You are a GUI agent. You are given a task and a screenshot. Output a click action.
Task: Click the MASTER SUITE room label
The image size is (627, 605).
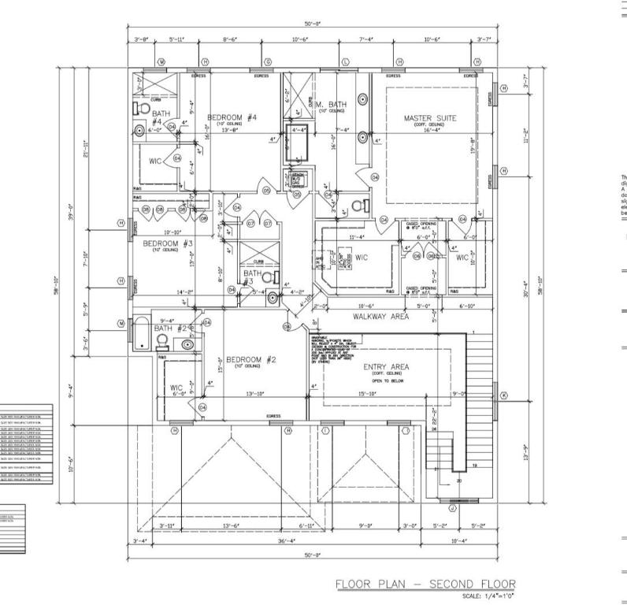tap(429, 118)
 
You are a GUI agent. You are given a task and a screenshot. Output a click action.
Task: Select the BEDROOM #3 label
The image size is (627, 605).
tap(168, 243)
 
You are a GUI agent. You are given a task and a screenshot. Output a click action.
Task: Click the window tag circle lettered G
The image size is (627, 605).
tap(267, 61)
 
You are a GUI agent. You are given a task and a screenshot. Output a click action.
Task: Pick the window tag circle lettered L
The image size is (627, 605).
tap(345, 61)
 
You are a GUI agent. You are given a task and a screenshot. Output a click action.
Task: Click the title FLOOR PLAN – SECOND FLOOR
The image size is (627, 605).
tap(425, 584)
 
